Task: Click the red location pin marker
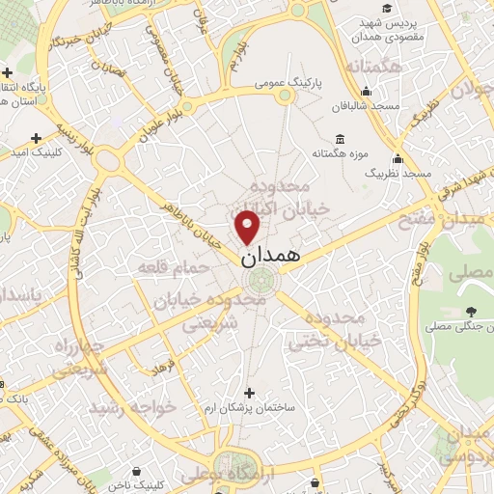[x=248, y=227]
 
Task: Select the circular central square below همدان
[x=259, y=282]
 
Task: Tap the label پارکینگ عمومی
[x=288, y=84]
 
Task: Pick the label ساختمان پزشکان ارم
[x=251, y=408]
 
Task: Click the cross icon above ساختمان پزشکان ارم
[x=249, y=393]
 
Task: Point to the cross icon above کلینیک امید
[x=37, y=139]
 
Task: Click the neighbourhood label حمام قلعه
[x=167, y=265]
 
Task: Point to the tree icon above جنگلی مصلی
[x=470, y=311]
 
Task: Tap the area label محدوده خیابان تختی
[x=324, y=329]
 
